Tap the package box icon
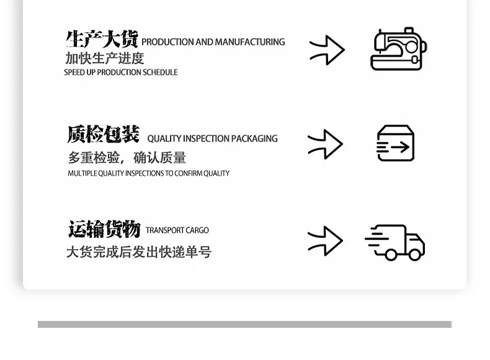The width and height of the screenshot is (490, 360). [396, 143]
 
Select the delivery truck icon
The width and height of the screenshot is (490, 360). [394, 242]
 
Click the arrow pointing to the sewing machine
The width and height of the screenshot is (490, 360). [327, 50]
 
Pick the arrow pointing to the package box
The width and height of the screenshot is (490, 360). [325, 144]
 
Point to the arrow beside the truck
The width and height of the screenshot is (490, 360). [325, 241]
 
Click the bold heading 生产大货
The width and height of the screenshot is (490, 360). [102, 39]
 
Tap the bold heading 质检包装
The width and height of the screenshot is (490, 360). [104, 134]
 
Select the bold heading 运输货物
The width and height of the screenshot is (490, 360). [104, 229]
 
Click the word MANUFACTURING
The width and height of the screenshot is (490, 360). [250, 42]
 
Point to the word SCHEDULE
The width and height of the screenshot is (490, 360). [159, 72]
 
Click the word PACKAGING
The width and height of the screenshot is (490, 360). [254, 139]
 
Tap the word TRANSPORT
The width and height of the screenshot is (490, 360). [161, 230]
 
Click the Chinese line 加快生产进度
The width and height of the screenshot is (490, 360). [105, 58]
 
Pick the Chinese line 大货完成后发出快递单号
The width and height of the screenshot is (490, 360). [139, 252]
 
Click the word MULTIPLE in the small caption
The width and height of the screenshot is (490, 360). [82, 173]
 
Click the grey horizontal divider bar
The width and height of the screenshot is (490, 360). [244, 325]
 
